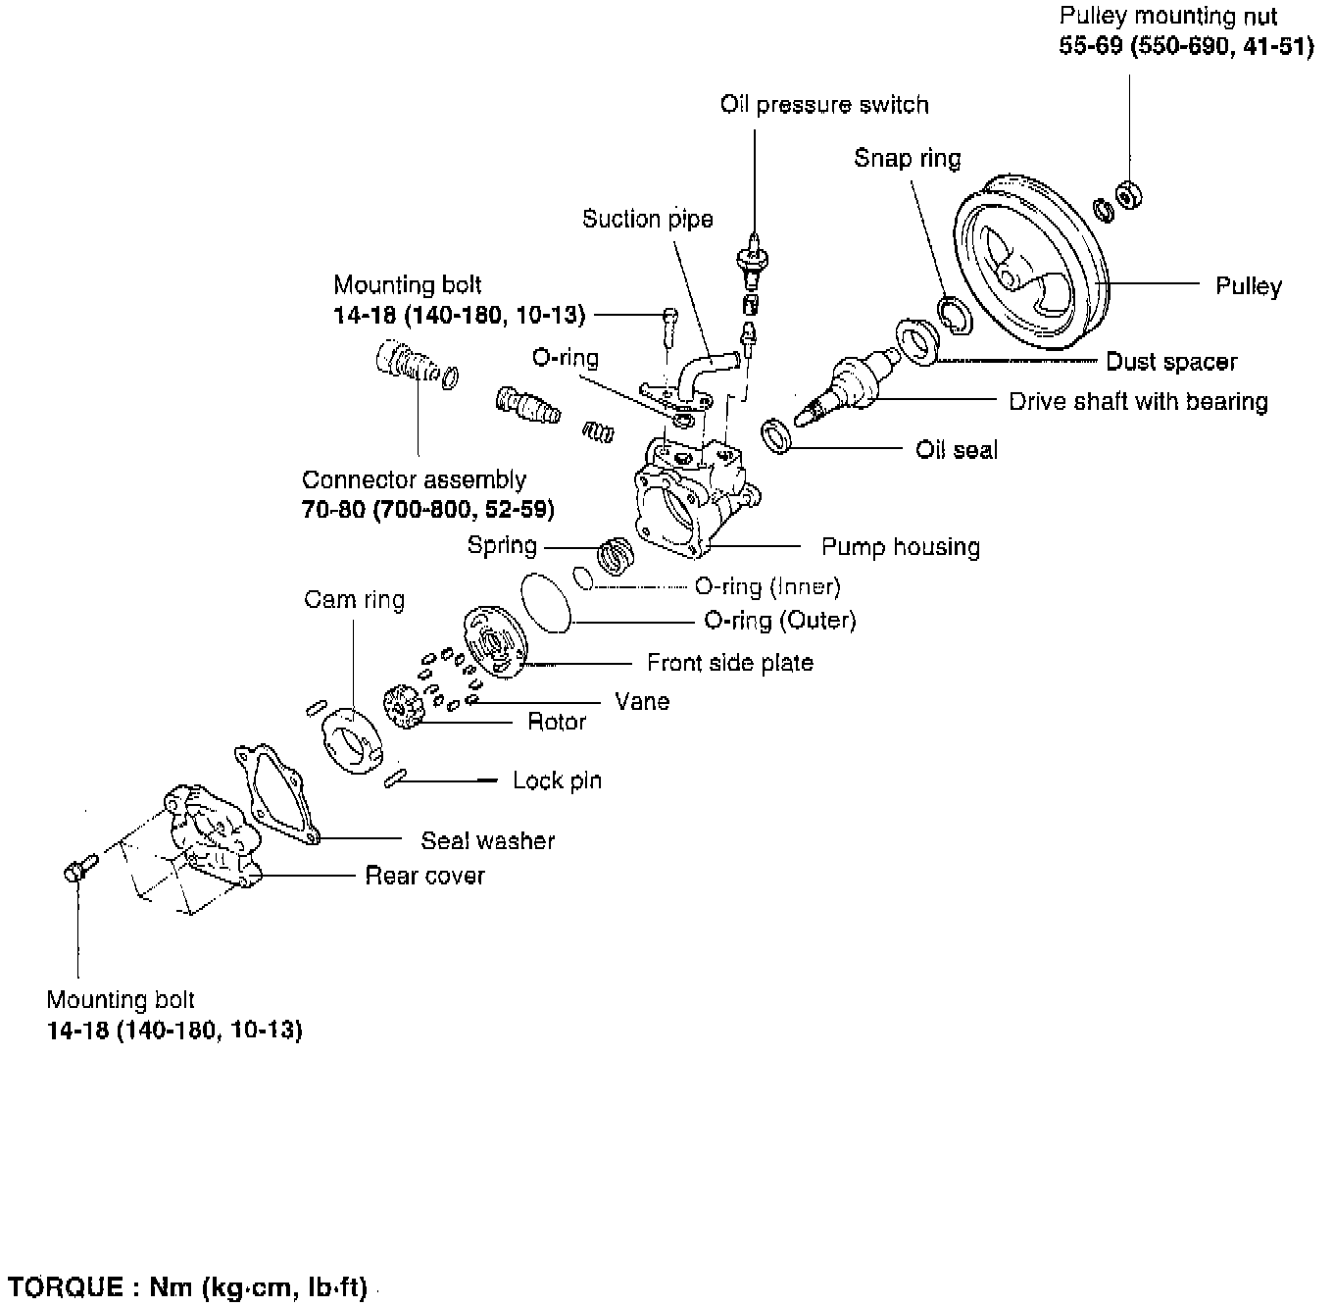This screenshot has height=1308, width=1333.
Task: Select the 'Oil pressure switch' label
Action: [x=823, y=105]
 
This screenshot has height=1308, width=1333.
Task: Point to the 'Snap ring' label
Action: [x=907, y=158]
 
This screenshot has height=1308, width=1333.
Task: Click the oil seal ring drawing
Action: [x=777, y=435]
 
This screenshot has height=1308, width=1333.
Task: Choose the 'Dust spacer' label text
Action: [x=1171, y=362]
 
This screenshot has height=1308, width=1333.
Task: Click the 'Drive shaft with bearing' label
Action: [x=1138, y=401]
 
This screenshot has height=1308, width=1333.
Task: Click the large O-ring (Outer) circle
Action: [x=547, y=600]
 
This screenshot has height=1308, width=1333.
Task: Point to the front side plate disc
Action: [x=495, y=642]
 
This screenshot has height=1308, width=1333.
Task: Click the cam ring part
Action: [x=349, y=740]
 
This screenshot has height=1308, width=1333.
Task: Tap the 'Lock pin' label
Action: [x=557, y=780]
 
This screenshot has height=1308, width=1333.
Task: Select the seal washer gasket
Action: [x=274, y=795]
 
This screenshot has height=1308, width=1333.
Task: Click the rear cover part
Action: [x=211, y=833]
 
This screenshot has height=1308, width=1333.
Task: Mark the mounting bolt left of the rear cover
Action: [x=78, y=867]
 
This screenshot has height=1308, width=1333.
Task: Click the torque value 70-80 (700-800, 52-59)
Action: [x=428, y=510]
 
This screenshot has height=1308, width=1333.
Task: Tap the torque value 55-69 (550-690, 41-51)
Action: [x=1186, y=47]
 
